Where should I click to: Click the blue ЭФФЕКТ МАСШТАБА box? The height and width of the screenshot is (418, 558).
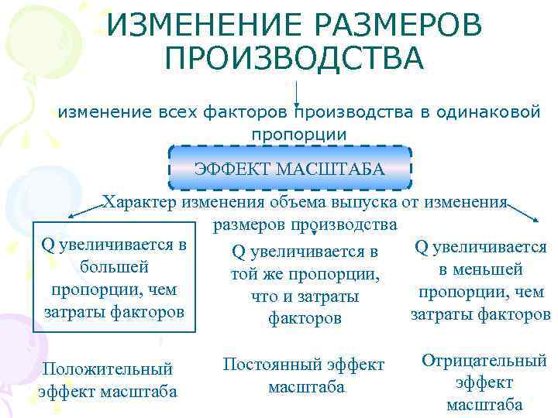tap(289, 168)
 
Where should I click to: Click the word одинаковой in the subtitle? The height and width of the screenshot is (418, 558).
tap(488, 112)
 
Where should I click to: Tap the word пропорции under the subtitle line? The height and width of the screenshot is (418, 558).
tap(298, 134)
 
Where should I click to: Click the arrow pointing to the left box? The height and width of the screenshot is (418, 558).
tap(86, 210)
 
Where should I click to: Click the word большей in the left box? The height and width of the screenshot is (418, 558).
tap(114, 267)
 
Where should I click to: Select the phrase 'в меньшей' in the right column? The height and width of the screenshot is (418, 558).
tap(480, 269)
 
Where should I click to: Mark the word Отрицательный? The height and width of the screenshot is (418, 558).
tap(484, 361)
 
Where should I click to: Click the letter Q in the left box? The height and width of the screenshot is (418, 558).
tap(48, 245)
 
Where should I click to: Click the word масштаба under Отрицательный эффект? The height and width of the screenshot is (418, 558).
tap(484, 405)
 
